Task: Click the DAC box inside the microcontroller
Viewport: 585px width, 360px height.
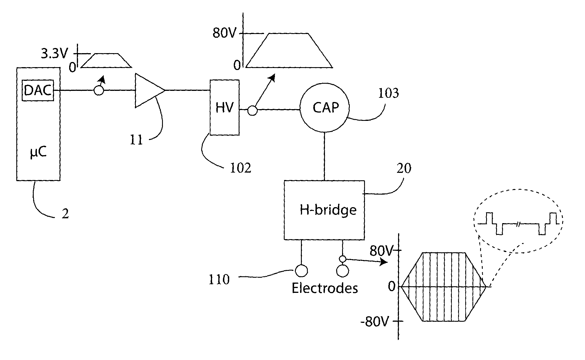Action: coord(38,91)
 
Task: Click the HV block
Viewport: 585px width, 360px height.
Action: coord(224,107)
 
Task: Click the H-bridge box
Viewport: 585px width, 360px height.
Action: coord(324,210)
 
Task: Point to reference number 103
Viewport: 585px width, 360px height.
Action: coord(388,93)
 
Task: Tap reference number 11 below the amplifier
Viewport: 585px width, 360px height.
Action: coord(136,140)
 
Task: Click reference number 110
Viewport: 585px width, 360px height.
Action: coord(219,280)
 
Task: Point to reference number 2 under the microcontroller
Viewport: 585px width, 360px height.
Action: coord(65,214)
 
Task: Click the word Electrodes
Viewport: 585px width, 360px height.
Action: coord(325,288)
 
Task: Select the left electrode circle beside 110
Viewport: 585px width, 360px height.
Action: coord(301,271)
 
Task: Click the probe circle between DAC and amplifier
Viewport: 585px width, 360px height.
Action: coord(99,91)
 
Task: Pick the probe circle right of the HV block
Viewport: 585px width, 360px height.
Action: coord(252,110)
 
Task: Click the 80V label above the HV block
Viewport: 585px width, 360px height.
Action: coord(224,34)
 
